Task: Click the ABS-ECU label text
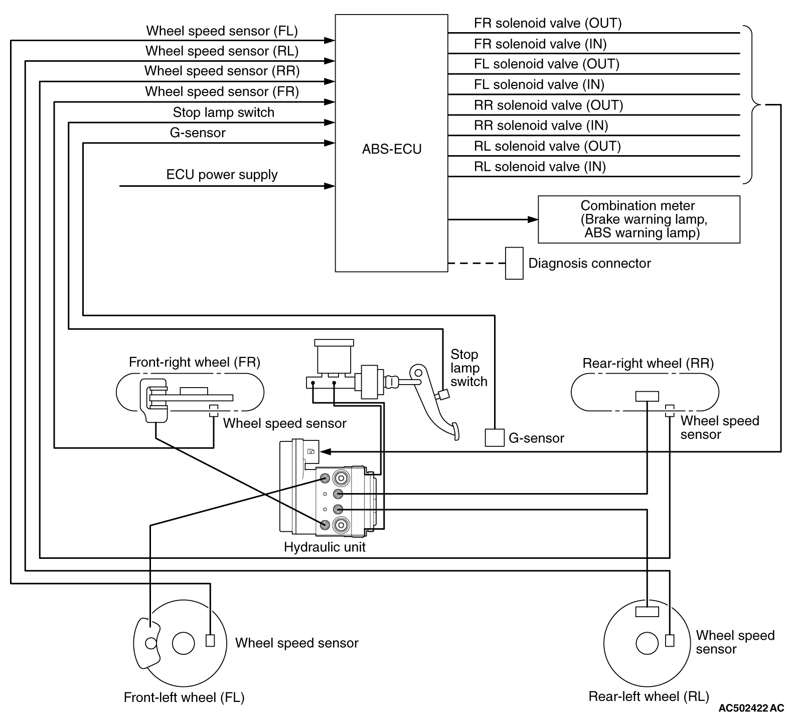pyautogui.click(x=392, y=149)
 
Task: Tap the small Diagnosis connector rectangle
pyautogui.click(x=514, y=263)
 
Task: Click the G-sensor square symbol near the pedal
pyautogui.click(x=494, y=437)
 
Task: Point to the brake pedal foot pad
pyautogui.click(x=455, y=431)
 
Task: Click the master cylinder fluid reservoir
pyautogui.click(x=334, y=356)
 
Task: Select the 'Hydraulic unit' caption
pyautogui.click(x=325, y=547)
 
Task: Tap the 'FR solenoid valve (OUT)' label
pyautogui.click(x=548, y=23)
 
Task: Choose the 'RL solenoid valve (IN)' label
pyautogui.click(x=540, y=167)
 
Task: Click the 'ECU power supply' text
pyautogui.click(x=222, y=175)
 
